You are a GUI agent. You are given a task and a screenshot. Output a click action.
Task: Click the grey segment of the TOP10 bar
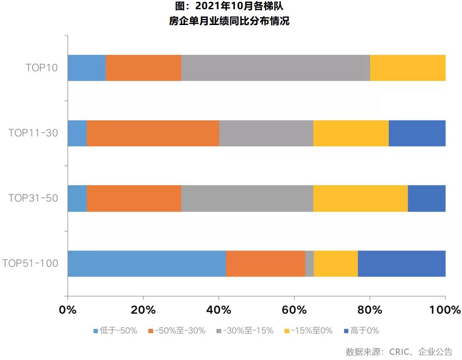coord(276,68)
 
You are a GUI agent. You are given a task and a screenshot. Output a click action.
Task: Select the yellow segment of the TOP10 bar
coord(408,68)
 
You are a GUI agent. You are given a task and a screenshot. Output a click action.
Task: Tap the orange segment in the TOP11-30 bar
coord(153,133)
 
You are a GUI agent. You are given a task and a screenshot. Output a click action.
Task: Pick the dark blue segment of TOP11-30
coord(417,133)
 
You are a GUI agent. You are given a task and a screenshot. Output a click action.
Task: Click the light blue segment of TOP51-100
coord(147,264)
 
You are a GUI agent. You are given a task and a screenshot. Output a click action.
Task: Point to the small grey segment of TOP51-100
coord(309,264)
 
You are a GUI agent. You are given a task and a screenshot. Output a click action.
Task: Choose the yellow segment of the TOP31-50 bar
coord(360,198)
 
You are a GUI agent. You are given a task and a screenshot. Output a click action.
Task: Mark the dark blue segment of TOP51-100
coord(401,264)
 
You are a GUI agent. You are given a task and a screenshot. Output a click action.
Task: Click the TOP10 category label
coord(42,68)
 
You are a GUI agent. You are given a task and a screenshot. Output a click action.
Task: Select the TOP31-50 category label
coord(33,198)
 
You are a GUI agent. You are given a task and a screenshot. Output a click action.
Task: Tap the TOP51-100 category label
coord(30,263)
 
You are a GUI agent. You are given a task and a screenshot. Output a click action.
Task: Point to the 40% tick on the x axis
coord(219,310)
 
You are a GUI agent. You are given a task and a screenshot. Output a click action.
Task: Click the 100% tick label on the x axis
coord(445,310)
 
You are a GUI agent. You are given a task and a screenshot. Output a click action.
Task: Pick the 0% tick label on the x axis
coord(68,310)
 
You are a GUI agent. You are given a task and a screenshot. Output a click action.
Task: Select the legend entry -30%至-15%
coord(248,331)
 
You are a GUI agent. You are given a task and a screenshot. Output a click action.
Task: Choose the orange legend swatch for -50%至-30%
coord(151,331)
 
